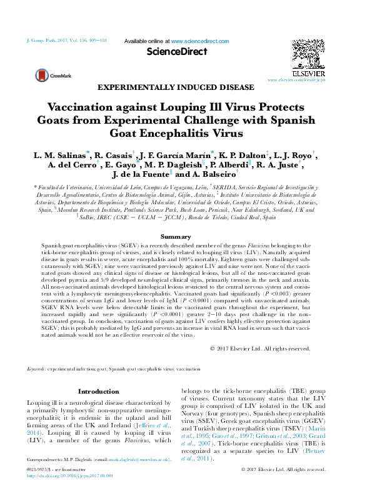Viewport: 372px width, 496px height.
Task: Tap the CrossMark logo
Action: tap(45, 76)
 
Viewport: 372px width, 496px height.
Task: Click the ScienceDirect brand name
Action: tap(176, 52)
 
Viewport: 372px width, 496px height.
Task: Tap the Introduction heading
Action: tap(93, 391)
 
